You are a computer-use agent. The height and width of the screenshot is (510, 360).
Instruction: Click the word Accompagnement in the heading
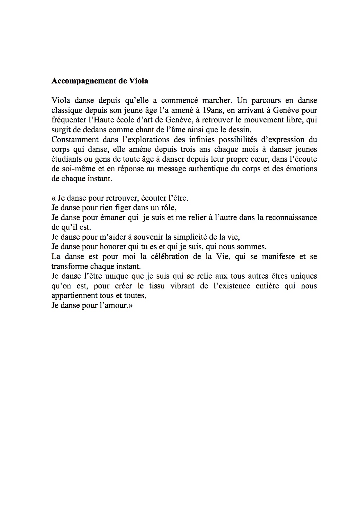point(84,81)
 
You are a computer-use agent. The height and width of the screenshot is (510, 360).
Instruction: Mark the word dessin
point(240,130)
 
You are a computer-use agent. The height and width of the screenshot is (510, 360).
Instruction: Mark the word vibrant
point(182,286)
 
